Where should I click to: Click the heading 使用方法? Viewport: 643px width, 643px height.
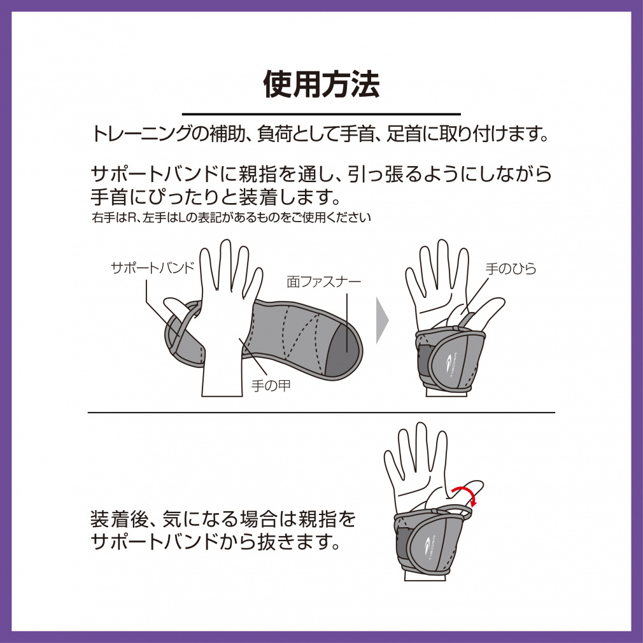point(321,85)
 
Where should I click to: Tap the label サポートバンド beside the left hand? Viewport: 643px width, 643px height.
point(152,268)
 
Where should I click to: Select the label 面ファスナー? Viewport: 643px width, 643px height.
point(323,282)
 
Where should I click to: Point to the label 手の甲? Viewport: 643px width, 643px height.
point(271,385)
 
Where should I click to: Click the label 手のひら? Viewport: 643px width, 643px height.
point(511,269)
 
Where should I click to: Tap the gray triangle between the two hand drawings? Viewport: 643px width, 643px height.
point(382,321)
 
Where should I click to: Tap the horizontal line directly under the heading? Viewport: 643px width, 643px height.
point(321,115)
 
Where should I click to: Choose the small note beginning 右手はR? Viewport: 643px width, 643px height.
point(232,217)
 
